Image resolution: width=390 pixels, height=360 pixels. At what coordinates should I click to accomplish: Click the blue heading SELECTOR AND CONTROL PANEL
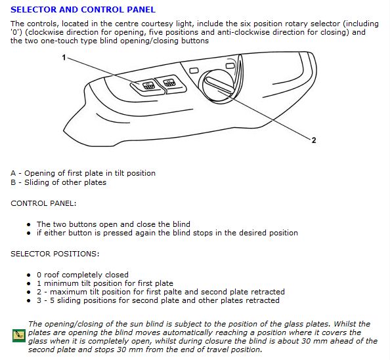click(x=83, y=9)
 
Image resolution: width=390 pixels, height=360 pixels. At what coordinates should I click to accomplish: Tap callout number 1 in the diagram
click(x=64, y=58)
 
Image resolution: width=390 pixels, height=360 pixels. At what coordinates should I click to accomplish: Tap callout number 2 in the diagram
click(x=314, y=140)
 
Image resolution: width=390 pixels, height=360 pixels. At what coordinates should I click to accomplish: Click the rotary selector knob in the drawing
click(x=219, y=86)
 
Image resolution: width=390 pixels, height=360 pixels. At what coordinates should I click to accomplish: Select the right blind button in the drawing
click(x=171, y=84)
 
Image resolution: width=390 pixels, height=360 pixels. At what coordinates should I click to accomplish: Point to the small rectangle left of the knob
click(x=194, y=71)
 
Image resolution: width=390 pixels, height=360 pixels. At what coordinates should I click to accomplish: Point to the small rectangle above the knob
click(x=230, y=66)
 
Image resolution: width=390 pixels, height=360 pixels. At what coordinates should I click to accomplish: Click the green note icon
click(x=19, y=336)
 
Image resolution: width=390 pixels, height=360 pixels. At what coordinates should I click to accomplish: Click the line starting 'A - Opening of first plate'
click(x=83, y=173)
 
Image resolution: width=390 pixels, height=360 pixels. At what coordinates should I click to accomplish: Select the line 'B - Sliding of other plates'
click(x=58, y=182)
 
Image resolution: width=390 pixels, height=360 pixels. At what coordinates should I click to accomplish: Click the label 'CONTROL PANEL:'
click(x=43, y=203)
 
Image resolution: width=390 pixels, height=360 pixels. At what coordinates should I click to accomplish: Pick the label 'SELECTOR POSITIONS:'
click(x=54, y=254)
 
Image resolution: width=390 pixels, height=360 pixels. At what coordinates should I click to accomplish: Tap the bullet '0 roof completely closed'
click(x=83, y=275)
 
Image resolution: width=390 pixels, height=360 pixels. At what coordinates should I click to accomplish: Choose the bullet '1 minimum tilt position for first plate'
click(x=105, y=283)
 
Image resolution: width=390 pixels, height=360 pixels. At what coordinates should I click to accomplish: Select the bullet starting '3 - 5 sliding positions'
click(x=158, y=300)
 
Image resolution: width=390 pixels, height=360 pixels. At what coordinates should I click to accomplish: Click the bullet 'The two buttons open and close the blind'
click(x=114, y=224)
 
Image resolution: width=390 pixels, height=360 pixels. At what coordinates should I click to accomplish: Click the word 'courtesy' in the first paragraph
click(x=157, y=24)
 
